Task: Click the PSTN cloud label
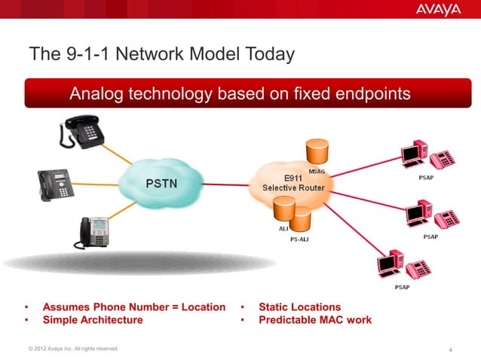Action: point(161,183)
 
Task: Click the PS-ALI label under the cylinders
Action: point(299,240)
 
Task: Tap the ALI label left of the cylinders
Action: point(274,228)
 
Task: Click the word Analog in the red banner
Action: point(97,94)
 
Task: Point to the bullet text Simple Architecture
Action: point(93,320)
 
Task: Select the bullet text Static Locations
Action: point(299,307)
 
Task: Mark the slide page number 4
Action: point(450,349)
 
